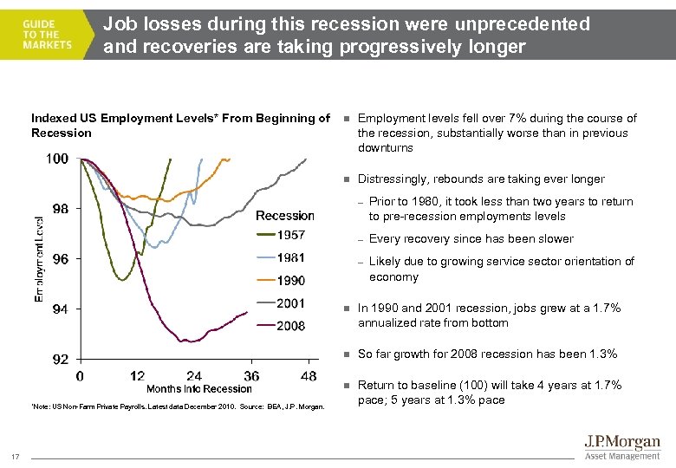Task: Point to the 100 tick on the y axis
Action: pos(57,159)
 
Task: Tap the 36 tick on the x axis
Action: pos(251,376)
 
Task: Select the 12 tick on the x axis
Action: pos(137,376)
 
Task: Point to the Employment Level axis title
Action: pos(39,258)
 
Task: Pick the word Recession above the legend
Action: pos(284,216)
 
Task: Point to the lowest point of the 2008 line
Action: pos(184,341)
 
